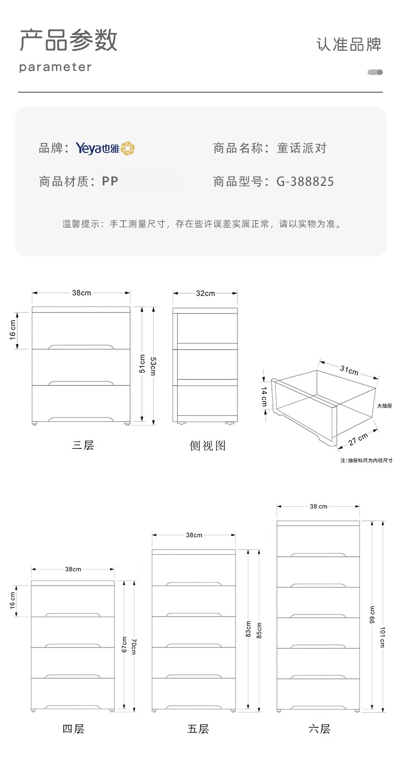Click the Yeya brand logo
[x=105, y=148]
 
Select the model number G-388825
[x=305, y=181]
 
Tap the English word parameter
[x=56, y=67]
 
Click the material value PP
[x=110, y=181]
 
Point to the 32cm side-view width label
[x=205, y=293]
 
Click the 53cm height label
[x=153, y=365]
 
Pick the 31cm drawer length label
[x=349, y=370]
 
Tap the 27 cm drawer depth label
[x=358, y=439]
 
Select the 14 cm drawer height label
[x=264, y=397]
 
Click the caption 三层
[x=83, y=445]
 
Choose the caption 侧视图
[x=208, y=445]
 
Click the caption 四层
[x=73, y=729]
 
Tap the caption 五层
[x=198, y=729]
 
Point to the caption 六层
[x=319, y=729]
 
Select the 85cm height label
[x=259, y=630]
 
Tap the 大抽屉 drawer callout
[x=385, y=406]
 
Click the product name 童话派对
[x=302, y=148]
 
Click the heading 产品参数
[x=68, y=40]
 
